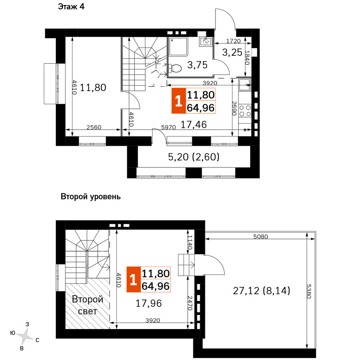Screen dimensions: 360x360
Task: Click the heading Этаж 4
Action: [71, 6]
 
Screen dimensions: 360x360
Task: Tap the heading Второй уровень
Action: [90, 197]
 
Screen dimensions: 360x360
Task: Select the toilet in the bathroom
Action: [175, 68]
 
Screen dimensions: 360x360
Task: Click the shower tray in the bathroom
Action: [178, 46]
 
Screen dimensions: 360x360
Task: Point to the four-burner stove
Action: [245, 111]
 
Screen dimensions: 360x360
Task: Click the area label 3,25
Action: [232, 53]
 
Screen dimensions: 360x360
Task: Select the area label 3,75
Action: [197, 65]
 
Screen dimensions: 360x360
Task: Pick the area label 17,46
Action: [194, 125]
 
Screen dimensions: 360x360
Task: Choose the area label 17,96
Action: [149, 303]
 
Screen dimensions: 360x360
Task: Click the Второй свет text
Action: [87, 305]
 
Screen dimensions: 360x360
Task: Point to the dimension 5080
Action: [261, 237]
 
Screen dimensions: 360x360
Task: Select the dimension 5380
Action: [309, 291]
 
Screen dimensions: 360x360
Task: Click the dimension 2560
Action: [94, 127]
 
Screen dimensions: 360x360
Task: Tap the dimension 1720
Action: [234, 41]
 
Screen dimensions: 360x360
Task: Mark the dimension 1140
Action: [190, 242]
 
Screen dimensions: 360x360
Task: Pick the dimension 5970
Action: [169, 127]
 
